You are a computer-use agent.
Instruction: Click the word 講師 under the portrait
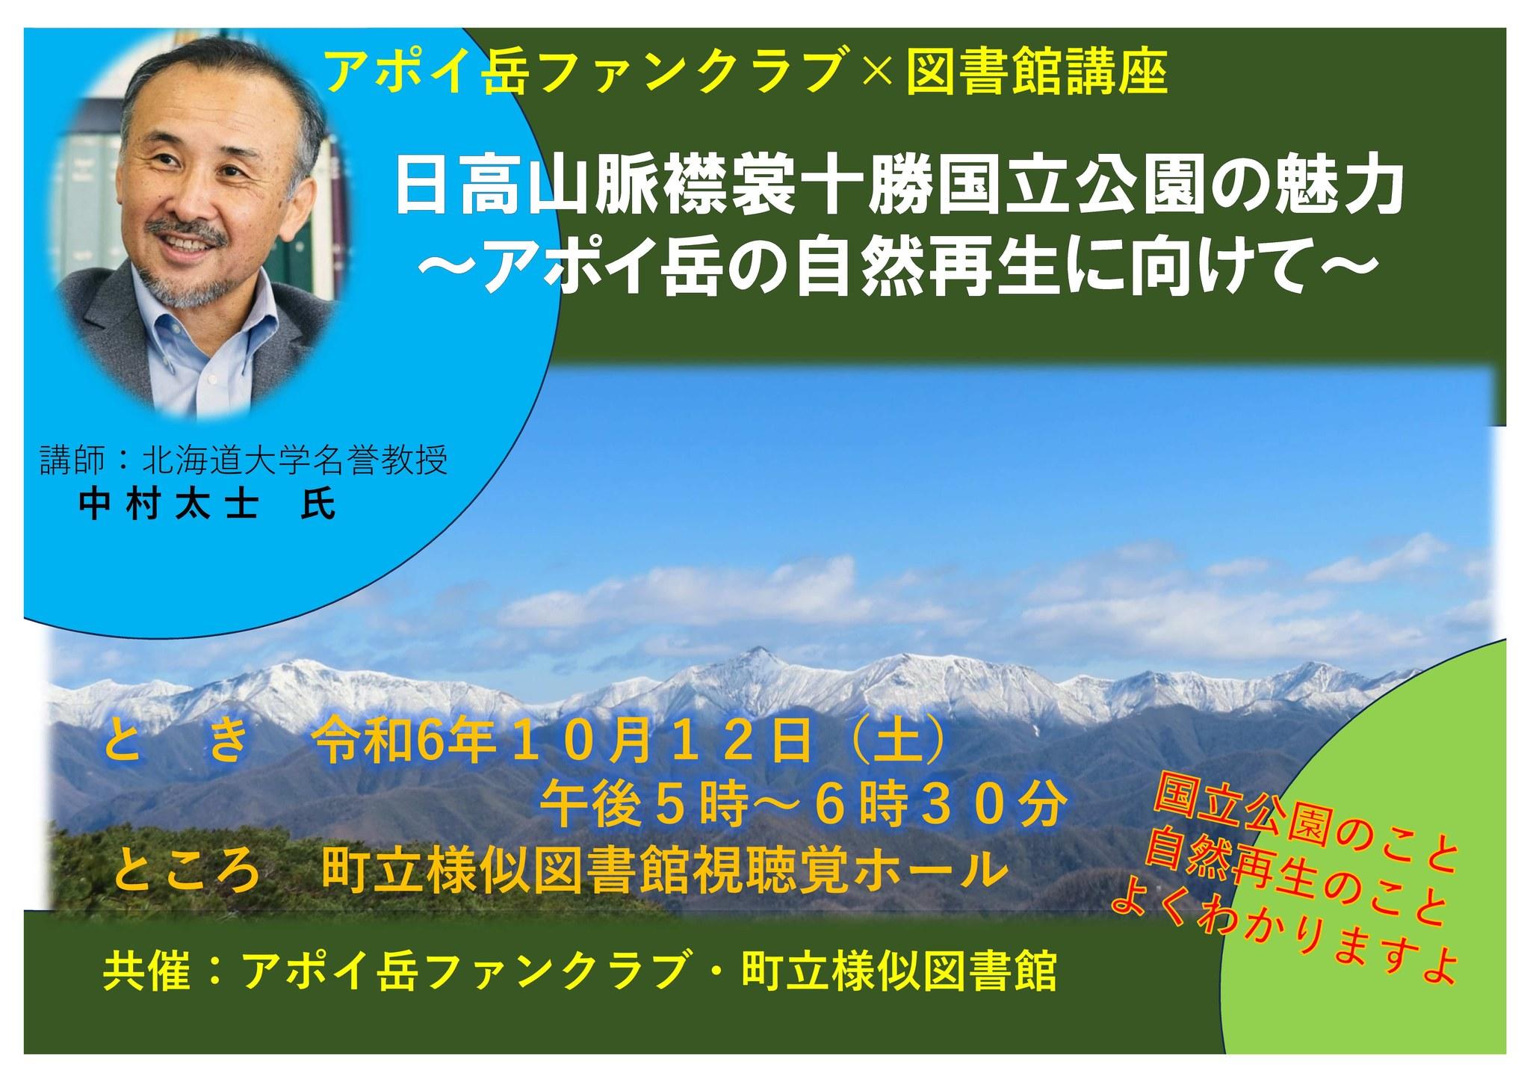tap(71, 463)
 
